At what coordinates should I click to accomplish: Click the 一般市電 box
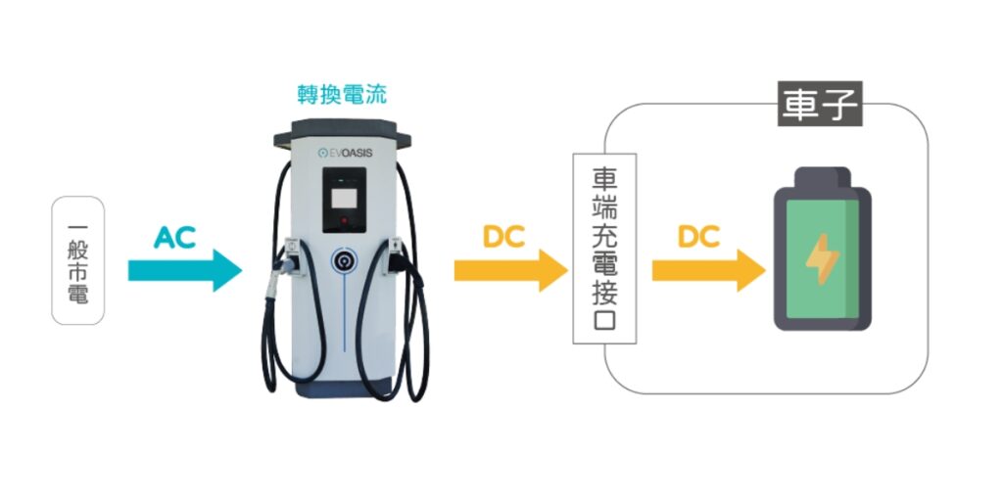tap(77, 260)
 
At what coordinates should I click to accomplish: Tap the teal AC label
tap(174, 236)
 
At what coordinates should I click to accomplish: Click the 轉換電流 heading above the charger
tap(342, 95)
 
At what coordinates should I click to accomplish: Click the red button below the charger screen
tap(344, 222)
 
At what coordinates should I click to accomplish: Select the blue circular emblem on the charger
tap(344, 259)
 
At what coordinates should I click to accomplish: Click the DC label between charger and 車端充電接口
tap(503, 236)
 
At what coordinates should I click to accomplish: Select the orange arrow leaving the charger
tap(510, 270)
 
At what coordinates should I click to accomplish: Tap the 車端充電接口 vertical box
tap(604, 249)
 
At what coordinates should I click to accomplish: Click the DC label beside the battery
tap(697, 236)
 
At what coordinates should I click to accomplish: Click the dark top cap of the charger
tap(344, 128)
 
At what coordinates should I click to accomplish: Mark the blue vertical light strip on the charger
tap(344, 313)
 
